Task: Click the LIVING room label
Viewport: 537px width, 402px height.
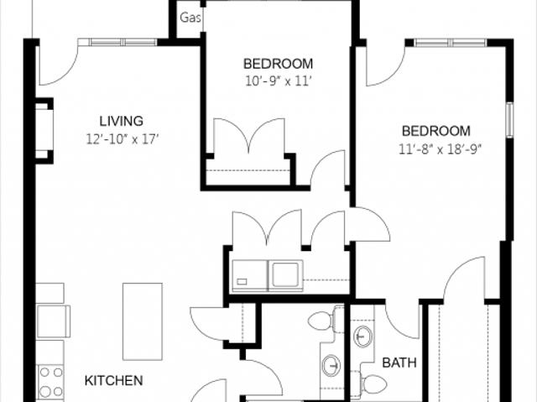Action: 121,121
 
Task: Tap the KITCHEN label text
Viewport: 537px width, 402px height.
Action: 114,381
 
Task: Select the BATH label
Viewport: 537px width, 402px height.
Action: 399,363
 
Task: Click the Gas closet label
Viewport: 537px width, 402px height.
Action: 190,18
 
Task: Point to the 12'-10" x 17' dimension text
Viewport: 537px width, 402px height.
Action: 123,139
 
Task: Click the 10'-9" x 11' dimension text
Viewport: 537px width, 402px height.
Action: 278,81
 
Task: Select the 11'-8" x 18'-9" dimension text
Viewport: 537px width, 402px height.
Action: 440,149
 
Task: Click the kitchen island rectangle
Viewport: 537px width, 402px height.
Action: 143,321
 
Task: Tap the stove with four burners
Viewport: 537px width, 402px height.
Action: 50,382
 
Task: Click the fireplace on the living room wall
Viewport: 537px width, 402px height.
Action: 44,131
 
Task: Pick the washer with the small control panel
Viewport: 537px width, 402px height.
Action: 250,276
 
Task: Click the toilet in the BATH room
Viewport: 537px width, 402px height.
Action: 372,384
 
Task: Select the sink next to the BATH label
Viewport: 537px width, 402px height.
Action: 362,337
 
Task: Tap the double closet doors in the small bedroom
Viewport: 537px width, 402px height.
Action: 249,136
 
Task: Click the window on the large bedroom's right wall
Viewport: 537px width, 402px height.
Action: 510,120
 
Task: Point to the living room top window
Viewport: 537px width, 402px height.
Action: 117,42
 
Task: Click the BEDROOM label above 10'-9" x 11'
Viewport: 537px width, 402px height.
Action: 278,64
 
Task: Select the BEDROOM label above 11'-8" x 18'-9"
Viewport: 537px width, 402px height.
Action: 436,131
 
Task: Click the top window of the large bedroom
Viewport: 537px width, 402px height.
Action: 451,43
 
